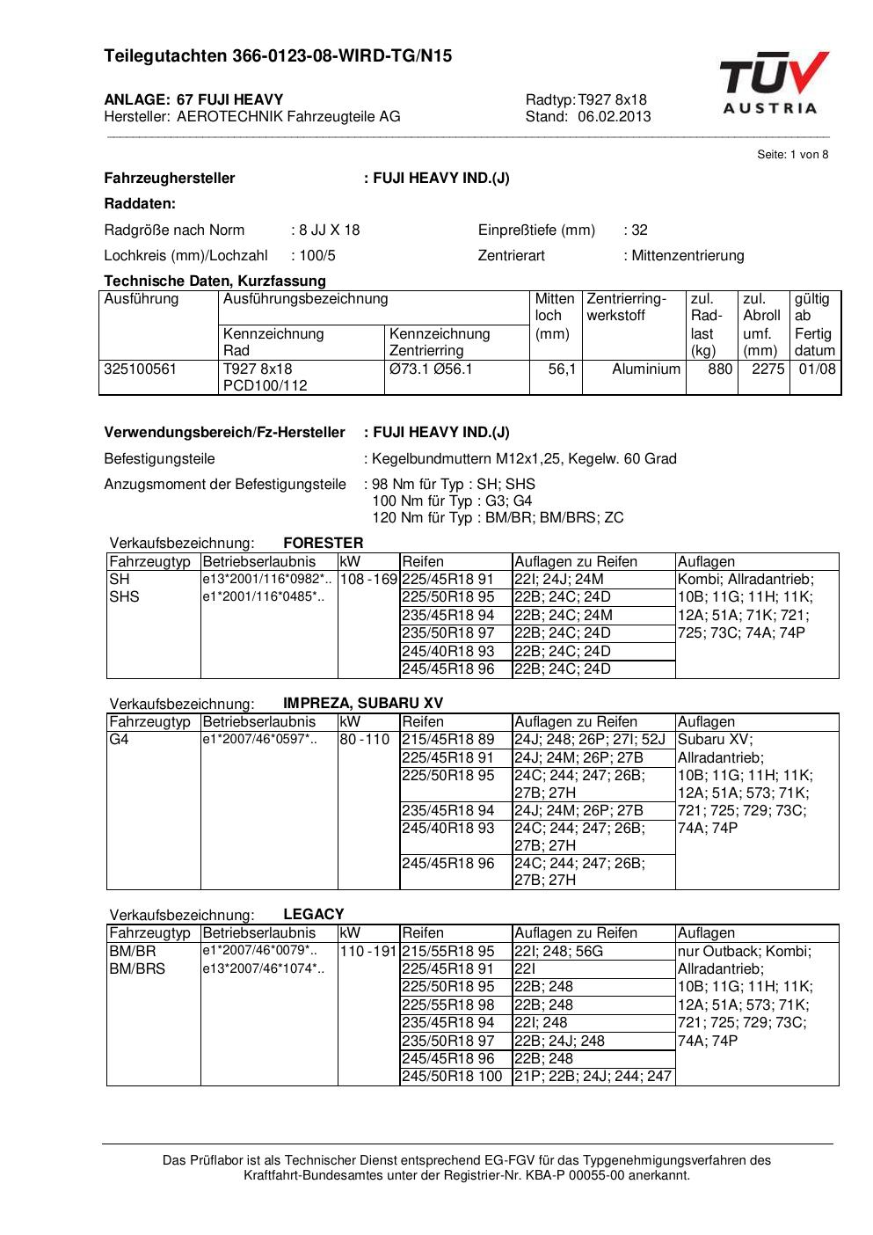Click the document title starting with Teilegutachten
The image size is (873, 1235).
(x=278, y=56)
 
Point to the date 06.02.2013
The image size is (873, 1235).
(x=614, y=116)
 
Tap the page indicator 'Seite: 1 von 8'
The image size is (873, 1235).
(x=792, y=155)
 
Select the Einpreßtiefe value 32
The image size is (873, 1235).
(x=639, y=230)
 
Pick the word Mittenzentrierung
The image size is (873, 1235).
(x=687, y=256)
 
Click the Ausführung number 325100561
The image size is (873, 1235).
(x=141, y=369)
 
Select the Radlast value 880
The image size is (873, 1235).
(x=719, y=369)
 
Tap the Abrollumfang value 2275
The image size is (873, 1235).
(x=768, y=369)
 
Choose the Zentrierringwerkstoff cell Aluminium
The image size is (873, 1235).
(x=646, y=369)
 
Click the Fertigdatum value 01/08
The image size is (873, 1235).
(x=817, y=369)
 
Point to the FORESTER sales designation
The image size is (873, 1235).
(x=323, y=543)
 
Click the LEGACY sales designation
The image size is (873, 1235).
(x=314, y=914)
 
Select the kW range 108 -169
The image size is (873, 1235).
(x=368, y=580)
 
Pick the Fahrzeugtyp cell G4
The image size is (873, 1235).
(x=119, y=740)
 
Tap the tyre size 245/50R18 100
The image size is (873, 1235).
(x=452, y=1076)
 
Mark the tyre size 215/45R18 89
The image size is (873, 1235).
(x=448, y=740)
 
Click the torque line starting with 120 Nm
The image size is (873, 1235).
(x=498, y=517)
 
